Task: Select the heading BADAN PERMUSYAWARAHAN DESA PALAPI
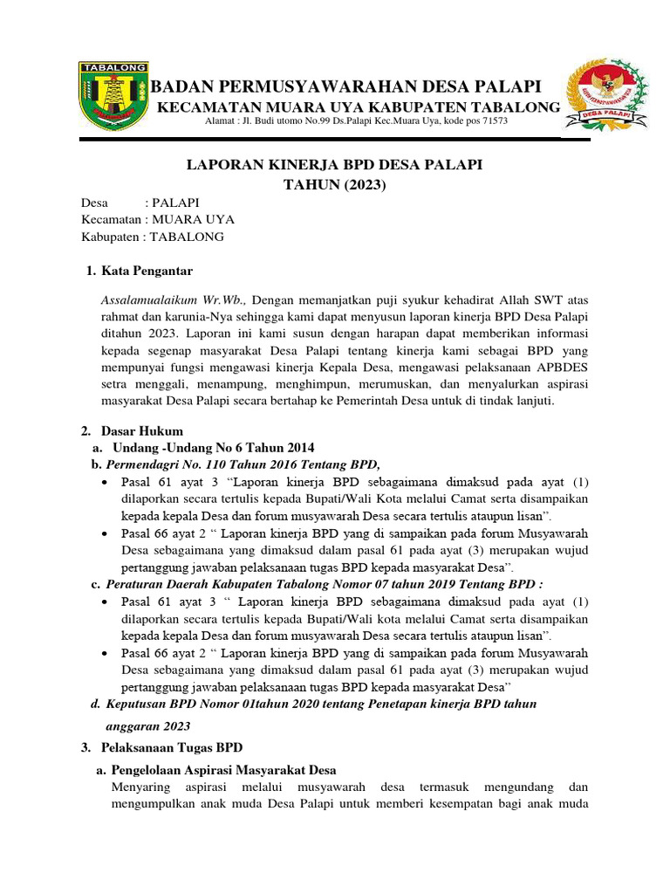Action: click(346, 86)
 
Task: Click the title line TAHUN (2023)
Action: click(335, 185)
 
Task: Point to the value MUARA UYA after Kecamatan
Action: click(194, 219)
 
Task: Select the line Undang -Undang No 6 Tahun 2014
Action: click(214, 447)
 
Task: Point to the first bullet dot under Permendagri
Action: click(106, 483)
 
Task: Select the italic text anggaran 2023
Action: click(147, 726)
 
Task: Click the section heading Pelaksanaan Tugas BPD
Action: click(172, 748)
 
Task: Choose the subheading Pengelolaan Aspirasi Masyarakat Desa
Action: click(223, 770)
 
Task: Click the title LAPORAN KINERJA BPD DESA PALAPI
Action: click(335, 165)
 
